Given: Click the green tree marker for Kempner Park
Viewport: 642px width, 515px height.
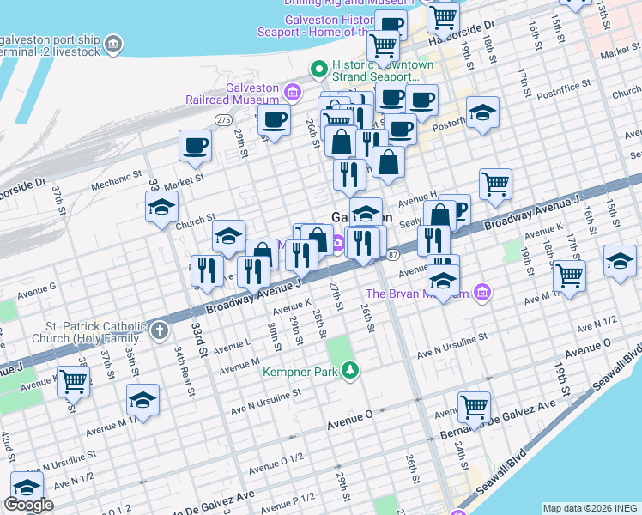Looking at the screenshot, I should [349, 371].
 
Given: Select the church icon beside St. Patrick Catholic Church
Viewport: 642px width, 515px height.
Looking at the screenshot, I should [160, 330].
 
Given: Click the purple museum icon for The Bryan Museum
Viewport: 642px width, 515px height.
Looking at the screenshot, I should [481, 294].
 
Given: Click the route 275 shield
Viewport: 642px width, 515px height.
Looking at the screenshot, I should [224, 119].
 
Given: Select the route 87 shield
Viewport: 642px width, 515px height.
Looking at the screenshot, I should [392, 255].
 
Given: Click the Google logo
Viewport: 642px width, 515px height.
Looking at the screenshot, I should [28, 505].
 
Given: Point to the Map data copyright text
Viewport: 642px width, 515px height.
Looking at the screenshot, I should [591, 507].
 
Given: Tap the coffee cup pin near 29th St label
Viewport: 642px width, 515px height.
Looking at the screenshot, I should [274, 120].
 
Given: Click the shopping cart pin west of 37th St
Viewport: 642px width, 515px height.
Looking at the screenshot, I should [73, 379].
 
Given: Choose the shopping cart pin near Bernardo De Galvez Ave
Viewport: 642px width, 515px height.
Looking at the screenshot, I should [473, 406].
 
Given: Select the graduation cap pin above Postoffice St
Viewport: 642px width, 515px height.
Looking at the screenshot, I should [482, 112].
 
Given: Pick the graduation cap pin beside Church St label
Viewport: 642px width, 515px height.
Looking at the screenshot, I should [160, 208].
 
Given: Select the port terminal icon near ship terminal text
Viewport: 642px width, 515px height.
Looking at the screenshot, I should [112, 42].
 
